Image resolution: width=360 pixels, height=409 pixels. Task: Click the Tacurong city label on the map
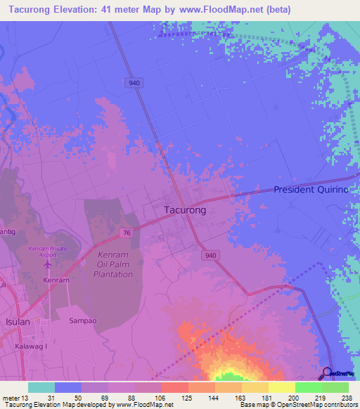point(185,209)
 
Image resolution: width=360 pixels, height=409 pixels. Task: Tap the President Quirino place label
point(316,190)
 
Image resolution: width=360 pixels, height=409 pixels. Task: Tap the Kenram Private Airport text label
point(47,252)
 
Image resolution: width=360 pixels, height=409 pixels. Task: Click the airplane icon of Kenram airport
point(48,265)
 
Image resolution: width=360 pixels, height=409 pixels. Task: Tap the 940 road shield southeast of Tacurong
point(210,257)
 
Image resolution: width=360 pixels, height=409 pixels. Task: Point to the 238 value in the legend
point(347,398)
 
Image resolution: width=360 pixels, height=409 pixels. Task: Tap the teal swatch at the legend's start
point(41,387)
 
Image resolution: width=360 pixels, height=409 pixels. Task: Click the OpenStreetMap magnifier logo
point(328,372)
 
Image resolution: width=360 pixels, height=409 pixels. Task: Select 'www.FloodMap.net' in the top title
point(226,9)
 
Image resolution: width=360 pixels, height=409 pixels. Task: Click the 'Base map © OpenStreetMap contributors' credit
point(297,405)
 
